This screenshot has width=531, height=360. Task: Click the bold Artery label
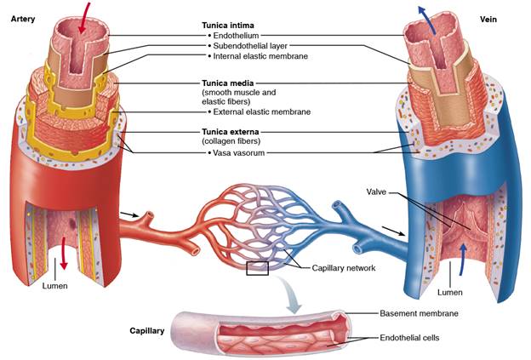tap(23, 19)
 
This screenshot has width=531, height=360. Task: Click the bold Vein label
tap(488, 20)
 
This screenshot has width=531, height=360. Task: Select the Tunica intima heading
tap(228, 26)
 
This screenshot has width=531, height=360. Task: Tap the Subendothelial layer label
tap(250, 46)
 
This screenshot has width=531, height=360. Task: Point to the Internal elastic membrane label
tap(260, 56)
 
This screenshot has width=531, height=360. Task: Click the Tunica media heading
tap(227, 83)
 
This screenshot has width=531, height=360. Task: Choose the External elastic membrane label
tap(262, 111)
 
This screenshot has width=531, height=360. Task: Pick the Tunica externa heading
tap(231, 132)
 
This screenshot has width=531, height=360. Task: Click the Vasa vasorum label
tap(239, 152)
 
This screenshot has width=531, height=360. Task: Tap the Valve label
tap(376, 192)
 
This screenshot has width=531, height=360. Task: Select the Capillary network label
tap(344, 268)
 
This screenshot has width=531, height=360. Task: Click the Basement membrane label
tap(419, 313)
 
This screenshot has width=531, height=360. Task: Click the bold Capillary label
tap(147, 331)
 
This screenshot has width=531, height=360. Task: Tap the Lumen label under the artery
tap(54, 286)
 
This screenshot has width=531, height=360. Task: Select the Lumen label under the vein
tap(449, 292)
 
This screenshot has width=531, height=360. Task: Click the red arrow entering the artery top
tap(84, 18)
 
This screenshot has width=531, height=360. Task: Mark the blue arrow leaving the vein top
tap(427, 20)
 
